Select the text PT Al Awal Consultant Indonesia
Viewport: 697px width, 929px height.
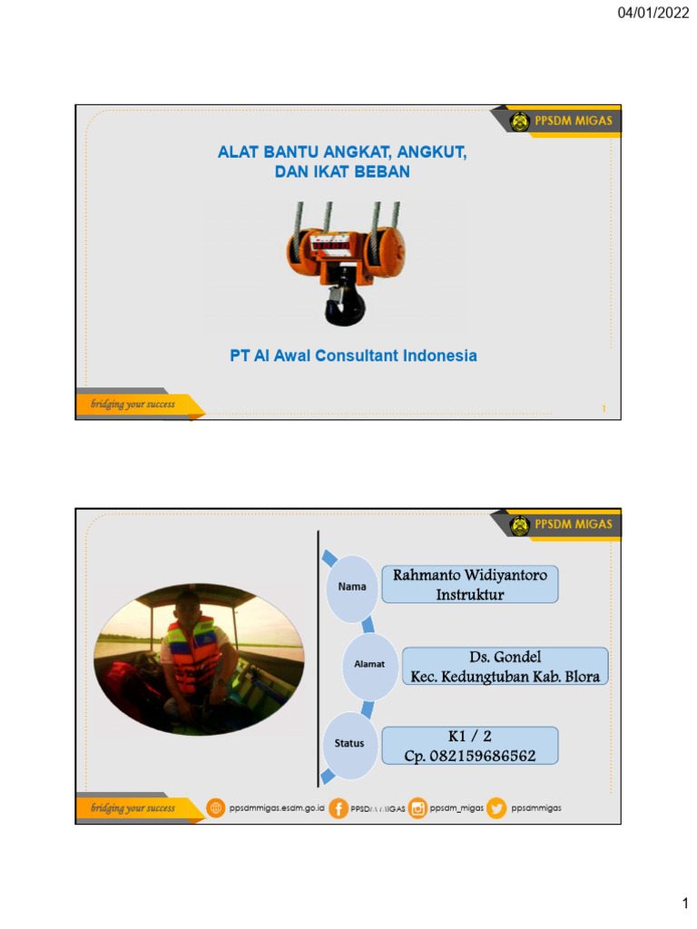[x=353, y=356]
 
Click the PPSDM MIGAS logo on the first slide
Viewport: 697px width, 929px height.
[x=520, y=121]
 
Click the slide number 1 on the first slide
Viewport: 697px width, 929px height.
[x=604, y=409]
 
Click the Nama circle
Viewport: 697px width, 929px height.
[x=352, y=587]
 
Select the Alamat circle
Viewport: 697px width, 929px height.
[x=369, y=664]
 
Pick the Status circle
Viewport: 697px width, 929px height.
[x=349, y=743]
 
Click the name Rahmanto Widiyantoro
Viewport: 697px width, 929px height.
[x=469, y=576]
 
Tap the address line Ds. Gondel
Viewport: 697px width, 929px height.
[x=506, y=656]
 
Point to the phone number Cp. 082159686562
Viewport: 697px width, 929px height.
[x=469, y=756]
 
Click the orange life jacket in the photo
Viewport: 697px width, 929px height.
[x=192, y=655]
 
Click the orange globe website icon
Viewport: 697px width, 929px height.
[x=216, y=807]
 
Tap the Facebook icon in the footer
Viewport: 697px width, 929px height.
[x=338, y=807]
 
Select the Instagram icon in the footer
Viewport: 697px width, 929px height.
[x=417, y=807]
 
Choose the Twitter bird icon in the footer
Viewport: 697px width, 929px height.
[x=496, y=807]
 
